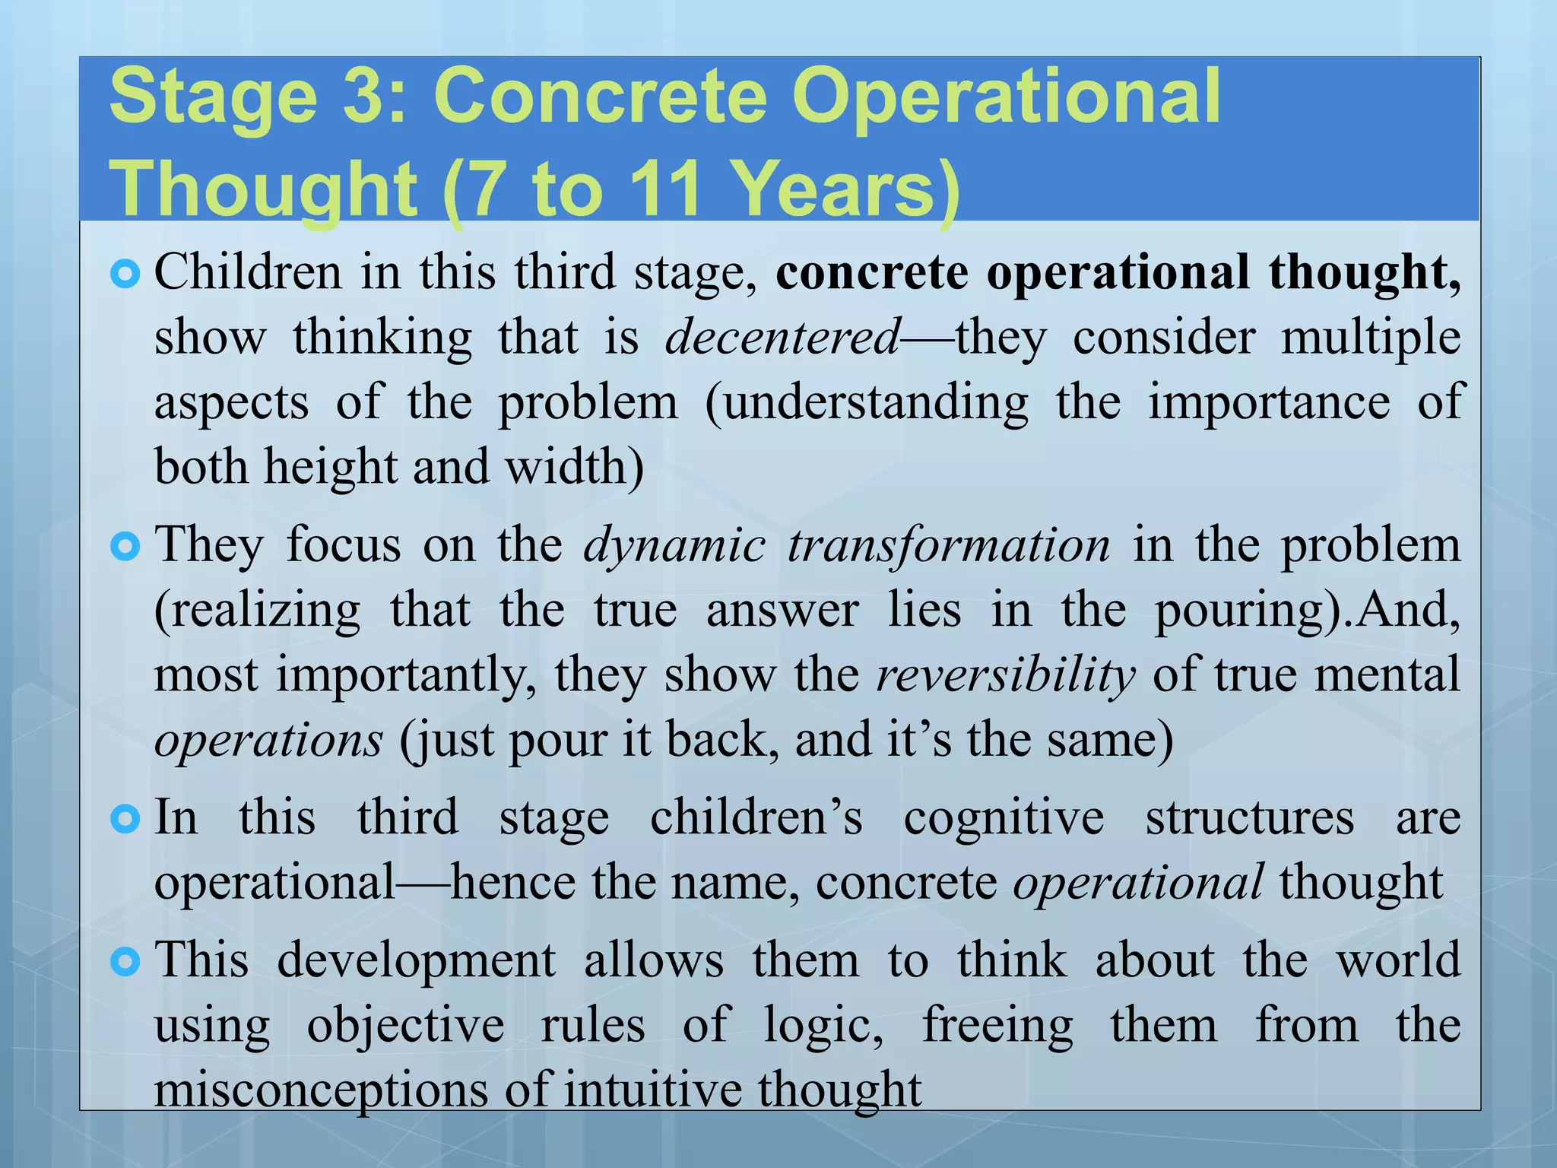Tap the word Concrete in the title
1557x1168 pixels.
(x=600, y=97)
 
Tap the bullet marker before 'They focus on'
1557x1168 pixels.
(x=125, y=547)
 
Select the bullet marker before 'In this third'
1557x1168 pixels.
(x=125, y=819)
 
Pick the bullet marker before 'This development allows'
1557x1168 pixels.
(x=125, y=962)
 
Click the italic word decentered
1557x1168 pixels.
(x=783, y=337)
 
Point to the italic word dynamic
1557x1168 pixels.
(x=674, y=545)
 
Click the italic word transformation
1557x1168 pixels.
(x=949, y=545)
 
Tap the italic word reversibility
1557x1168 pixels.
(x=1006, y=674)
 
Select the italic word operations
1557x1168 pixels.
(x=268, y=740)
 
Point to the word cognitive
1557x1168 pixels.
(x=1004, y=818)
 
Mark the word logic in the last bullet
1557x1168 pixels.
(x=821, y=1026)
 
